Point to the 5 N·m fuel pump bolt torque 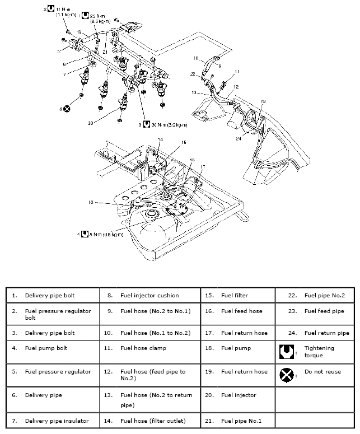click(109, 233)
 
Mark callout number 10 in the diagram click(196, 58)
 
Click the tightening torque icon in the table click(286, 352)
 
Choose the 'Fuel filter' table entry click(234, 295)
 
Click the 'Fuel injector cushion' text click(149, 295)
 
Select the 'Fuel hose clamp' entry click(143, 348)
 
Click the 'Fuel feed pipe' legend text click(324, 311)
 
